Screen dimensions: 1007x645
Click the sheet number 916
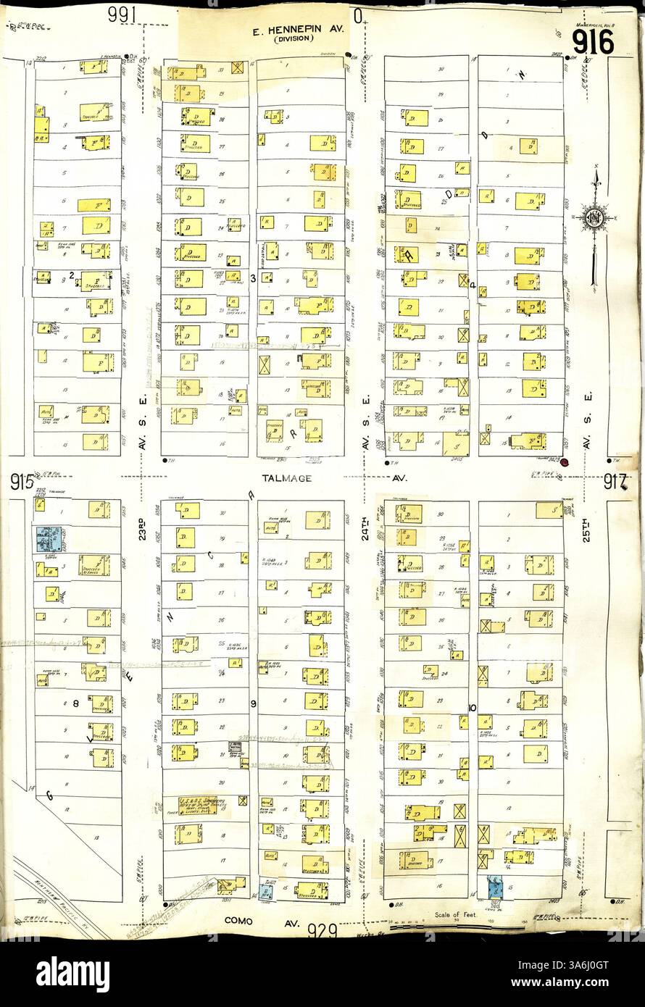click(593, 42)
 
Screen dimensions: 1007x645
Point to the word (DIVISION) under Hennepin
click(294, 40)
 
